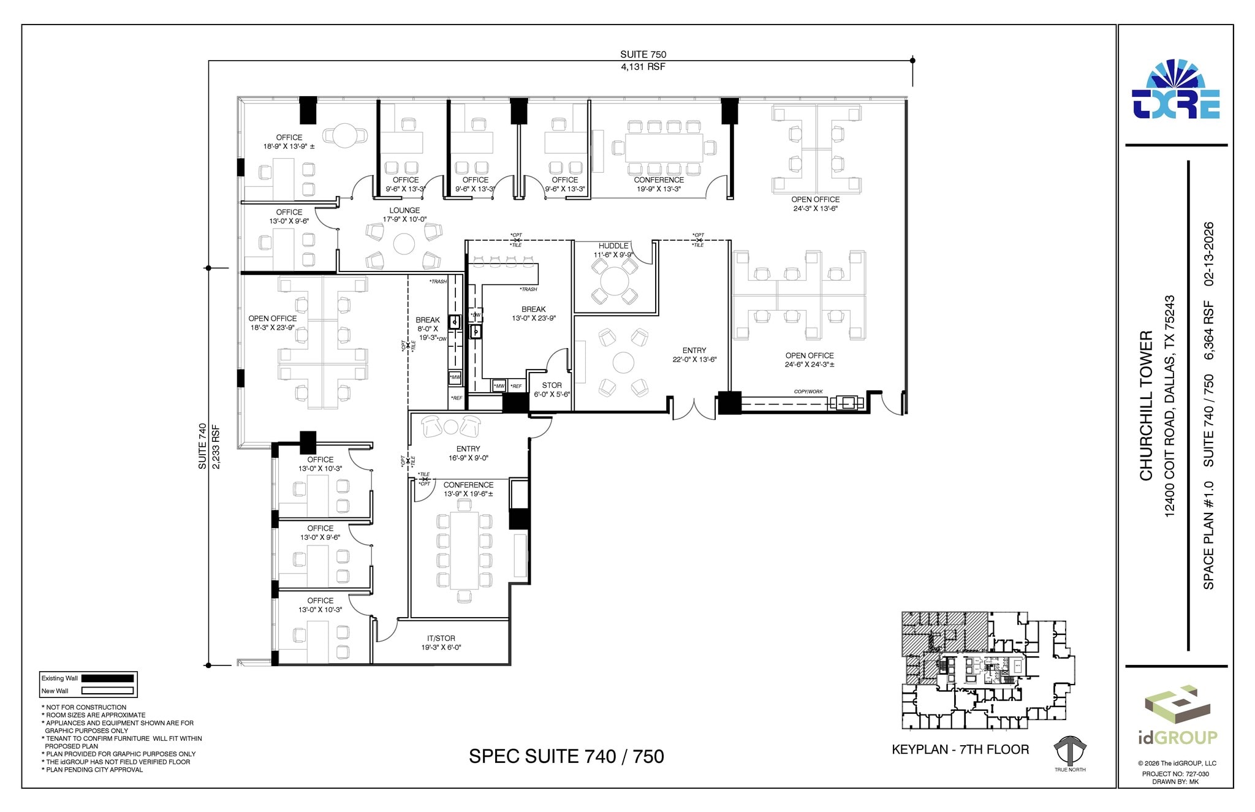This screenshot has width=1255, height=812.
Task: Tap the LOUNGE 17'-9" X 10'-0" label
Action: coord(404,214)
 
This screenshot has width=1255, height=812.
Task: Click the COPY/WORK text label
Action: coord(808,392)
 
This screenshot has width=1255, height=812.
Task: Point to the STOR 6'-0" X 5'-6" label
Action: coord(552,390)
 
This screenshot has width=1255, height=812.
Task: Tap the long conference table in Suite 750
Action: coord(664,148)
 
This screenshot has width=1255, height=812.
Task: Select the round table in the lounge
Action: coord(404,245)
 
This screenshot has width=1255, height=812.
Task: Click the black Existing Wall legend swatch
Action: coord(107,678)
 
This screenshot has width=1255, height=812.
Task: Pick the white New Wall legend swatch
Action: coord(107,691)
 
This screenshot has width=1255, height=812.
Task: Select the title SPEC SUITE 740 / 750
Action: coord(566,756)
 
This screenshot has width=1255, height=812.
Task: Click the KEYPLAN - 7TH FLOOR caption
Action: coord(960,749)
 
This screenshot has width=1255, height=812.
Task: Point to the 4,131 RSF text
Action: coord(643,66)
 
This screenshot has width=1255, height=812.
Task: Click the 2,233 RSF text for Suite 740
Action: coord(216,447)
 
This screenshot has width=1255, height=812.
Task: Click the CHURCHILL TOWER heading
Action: coord(1146,406)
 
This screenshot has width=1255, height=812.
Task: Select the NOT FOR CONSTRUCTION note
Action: coord(86,707)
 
